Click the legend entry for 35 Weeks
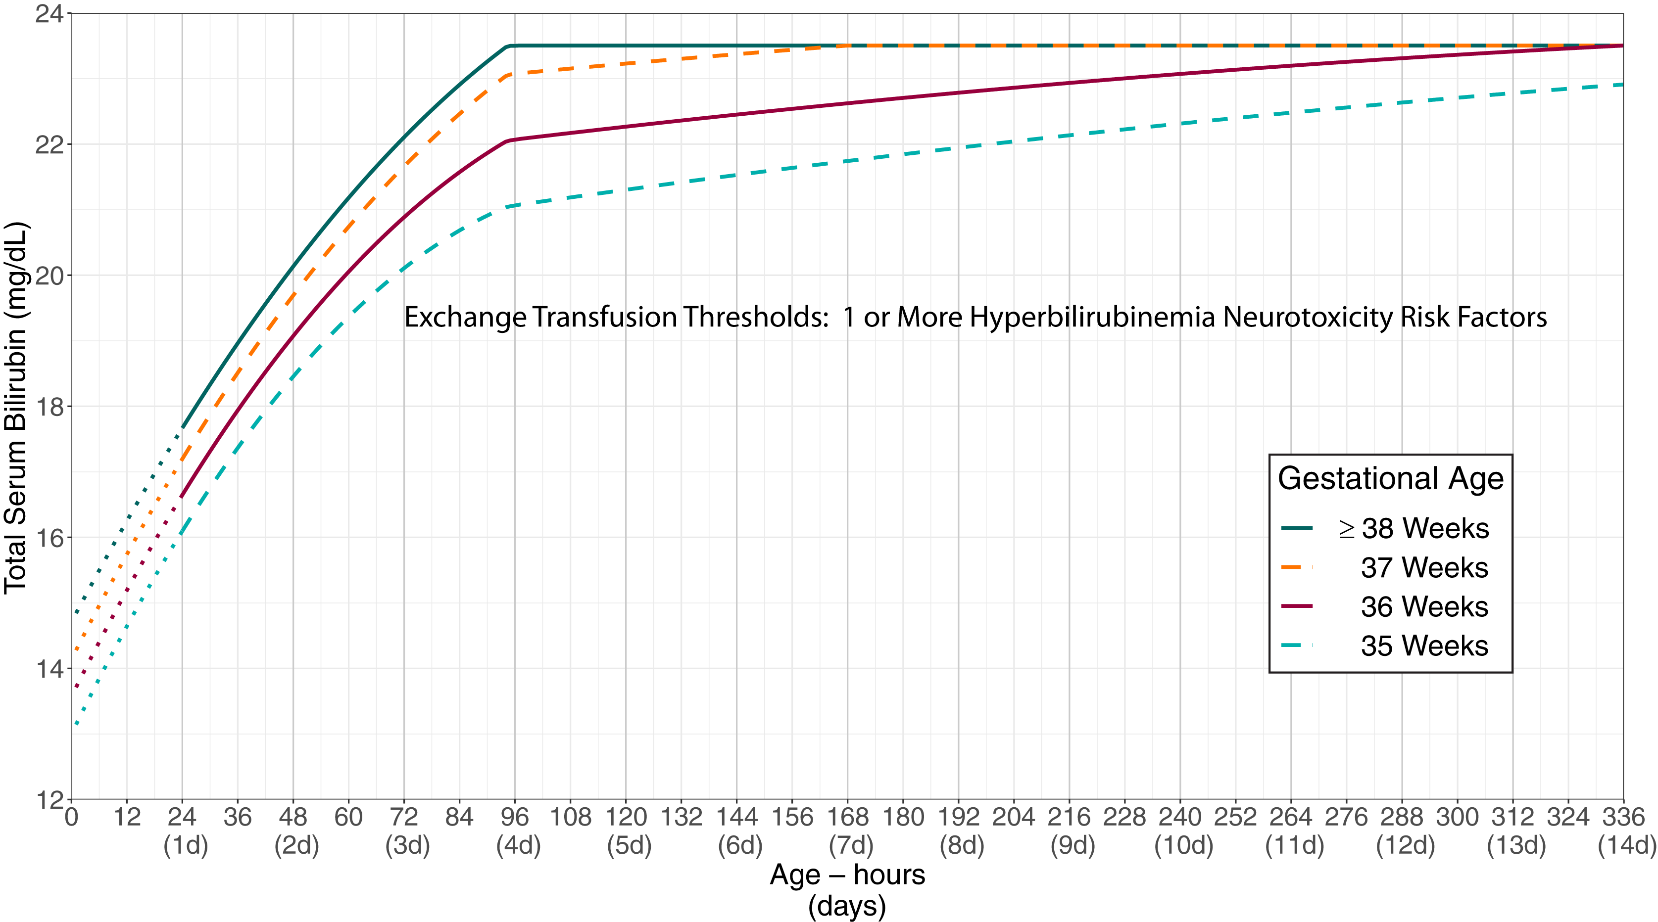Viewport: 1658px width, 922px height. pyautogui.click(x=1424, y=645)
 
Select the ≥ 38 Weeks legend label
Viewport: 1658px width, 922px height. pyautogui.click(x=1414, y=528)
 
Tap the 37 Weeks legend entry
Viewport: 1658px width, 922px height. pyautogui.click(x=1424, y=567)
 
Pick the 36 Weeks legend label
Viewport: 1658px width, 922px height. pyautogui.click(x=1424, y=607)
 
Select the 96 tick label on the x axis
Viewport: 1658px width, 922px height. pyautogui.click(x=514, y=817)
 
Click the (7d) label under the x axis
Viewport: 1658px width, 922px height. pyautogui.click(x=851, y=845)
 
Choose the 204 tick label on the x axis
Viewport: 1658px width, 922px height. pyautogui.click(x=1014, y=817)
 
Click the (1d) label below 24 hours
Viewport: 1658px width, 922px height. pyautogui.click(x=186, y=845)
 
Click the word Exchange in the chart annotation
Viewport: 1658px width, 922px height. pyautogui.click(x=465, y=317)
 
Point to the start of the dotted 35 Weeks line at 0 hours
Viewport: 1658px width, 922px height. pyautogui.click(x=76, y=725)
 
